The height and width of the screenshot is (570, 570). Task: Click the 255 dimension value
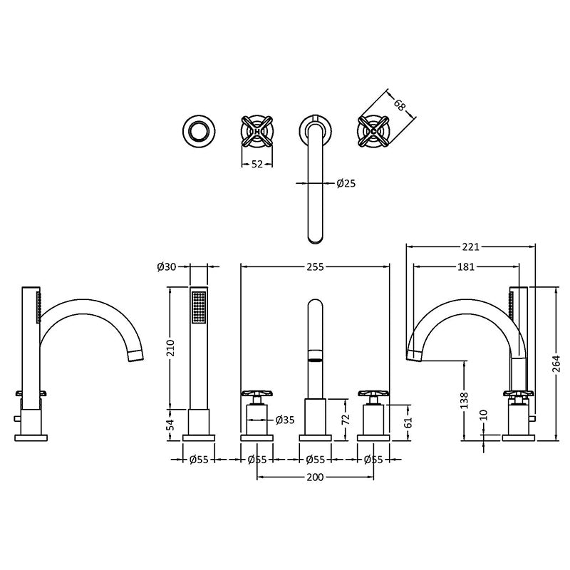[315, 266]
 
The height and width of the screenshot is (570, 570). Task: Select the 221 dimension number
[470, 247]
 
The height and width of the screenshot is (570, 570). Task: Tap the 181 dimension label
[466, 266]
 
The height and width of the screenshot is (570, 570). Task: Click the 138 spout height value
[465, 400]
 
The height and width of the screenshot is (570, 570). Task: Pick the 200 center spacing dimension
[315, 477]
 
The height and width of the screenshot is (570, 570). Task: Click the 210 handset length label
[171, 348]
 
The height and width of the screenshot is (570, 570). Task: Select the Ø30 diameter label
[167, 266]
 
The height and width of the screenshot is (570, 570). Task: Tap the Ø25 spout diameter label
[346, 183]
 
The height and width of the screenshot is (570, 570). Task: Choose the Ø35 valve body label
[285, 420]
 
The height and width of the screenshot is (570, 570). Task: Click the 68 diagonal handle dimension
[399, 105]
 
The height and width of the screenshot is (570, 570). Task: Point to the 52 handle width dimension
[256, 165]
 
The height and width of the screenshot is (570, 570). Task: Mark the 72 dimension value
[346, 419]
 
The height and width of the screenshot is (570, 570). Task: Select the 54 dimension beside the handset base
[171, 424]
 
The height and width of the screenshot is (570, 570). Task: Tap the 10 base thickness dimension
[484, 415]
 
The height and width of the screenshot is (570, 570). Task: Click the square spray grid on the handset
[199, 306]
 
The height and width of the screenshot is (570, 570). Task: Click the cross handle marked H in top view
[257, 131]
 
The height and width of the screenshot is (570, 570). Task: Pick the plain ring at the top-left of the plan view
[199, 131]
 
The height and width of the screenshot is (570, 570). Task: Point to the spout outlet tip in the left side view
[137, 356]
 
